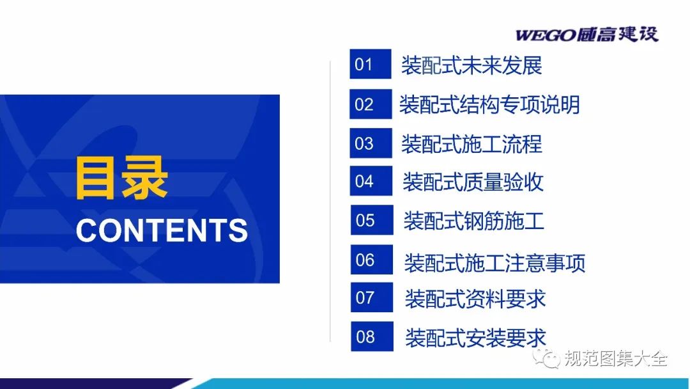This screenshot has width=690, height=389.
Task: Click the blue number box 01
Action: (370, 64)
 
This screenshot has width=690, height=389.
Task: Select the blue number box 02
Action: (371, 104)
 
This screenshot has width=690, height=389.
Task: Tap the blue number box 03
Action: (371, 143)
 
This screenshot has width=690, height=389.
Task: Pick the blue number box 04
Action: (371, 180)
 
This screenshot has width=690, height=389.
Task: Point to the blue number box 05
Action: (371, 220)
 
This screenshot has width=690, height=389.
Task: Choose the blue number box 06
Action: (371, 260)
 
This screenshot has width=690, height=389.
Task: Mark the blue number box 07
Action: (371, 298)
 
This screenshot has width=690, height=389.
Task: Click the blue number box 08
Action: (372, 336)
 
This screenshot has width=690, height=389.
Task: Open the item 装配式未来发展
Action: (471, 66)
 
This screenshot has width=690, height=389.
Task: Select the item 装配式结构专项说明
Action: (489, 105)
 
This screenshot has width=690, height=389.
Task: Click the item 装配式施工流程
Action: (471, 144)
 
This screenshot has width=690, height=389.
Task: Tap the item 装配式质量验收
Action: (473, 182)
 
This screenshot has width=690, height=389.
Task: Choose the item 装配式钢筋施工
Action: (474, 221)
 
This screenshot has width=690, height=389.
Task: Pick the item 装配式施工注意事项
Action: (494, 263)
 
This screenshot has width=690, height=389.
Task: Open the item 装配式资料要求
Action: (475, 299)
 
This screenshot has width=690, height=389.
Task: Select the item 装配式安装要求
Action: (475, 338)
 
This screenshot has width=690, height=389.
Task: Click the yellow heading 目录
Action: (121, 178)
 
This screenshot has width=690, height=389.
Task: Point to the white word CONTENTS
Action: (162, 230)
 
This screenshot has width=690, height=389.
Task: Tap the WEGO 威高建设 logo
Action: (586, 34)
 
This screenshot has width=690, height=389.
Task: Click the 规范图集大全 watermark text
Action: (616, 358)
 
